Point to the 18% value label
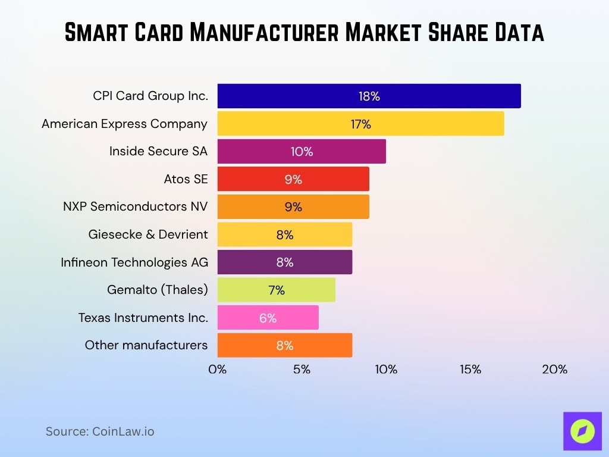(369, 96)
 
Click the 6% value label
(268, 318)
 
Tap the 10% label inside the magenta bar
(302, 152)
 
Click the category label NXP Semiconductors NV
(135, 206)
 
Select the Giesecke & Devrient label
(148, 234)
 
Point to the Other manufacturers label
(146, 345)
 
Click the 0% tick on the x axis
(218, 370)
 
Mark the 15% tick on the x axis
(470, 370)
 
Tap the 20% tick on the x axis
(554, 370)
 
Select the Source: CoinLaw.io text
(100, 431)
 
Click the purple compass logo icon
(582, 431)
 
